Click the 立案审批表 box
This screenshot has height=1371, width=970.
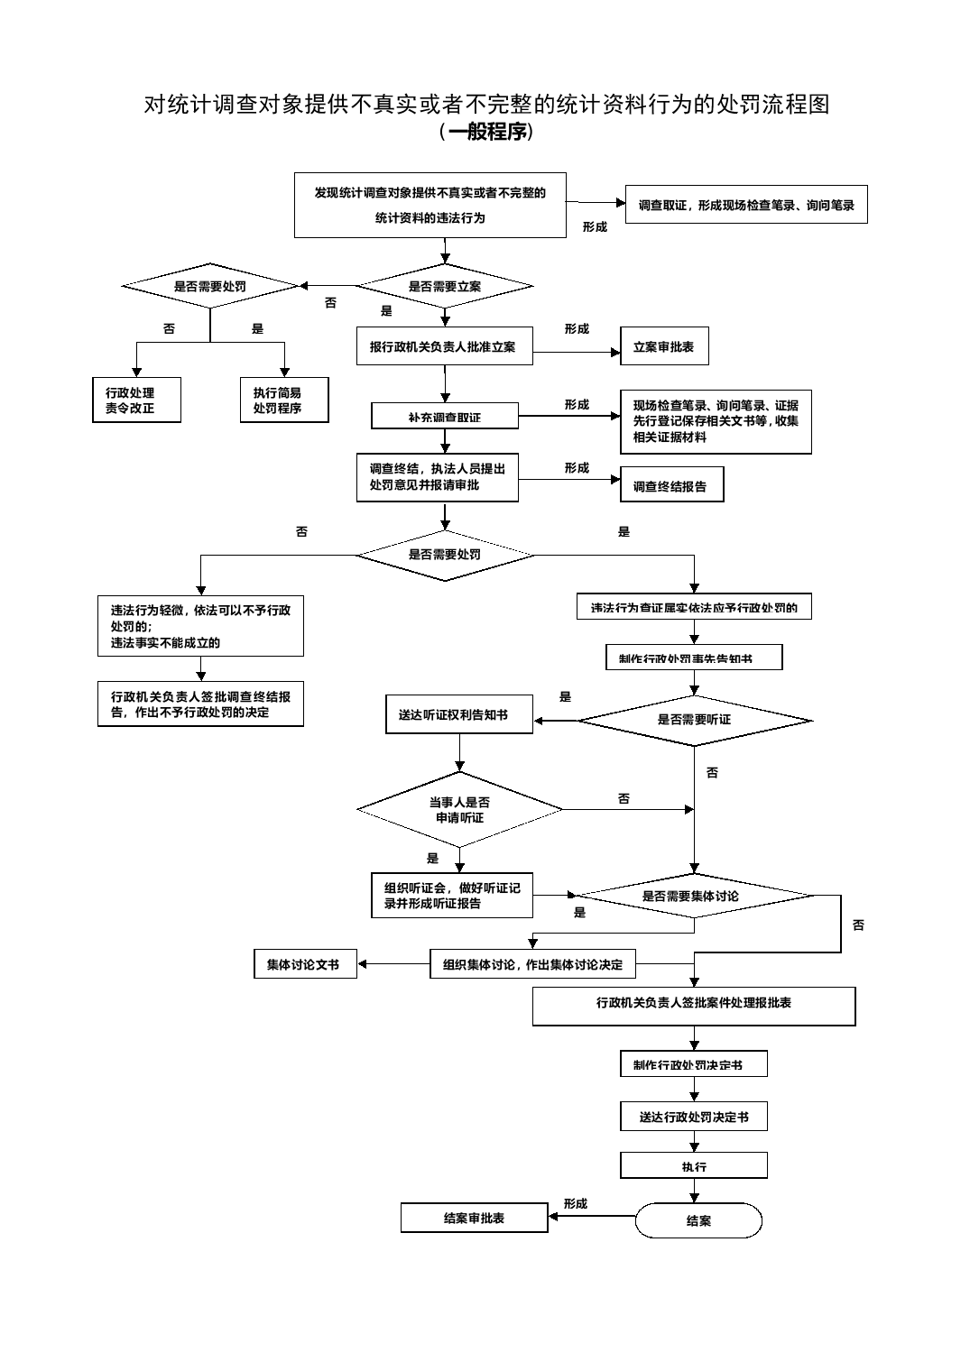pyautogui.click(x=664, y=346)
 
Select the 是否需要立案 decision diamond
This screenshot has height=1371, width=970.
pyautogui.click(x=445, y=286)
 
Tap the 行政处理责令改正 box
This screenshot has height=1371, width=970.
pyautogui.click(x=136, y=400)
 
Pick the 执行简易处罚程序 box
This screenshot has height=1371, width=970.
pyautogui.click(x=284, y=400)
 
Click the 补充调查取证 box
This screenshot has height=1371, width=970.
pyautogui.click(x=445, y=417)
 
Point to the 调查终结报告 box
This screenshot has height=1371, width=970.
pyautogui.click(x=671, y=486)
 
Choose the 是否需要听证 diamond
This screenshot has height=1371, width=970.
pyautogui.click(x=694, y=720)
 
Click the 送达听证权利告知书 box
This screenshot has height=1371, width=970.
pyautogui.click(x=459, y=714)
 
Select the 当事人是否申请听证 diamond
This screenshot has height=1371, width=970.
pyautogui.click(x=460, y=809)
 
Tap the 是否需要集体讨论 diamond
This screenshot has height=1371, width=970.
pyautogui.click(x=694, y=896)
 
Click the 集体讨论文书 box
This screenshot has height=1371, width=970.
pyautogui.click(x=305, y=964)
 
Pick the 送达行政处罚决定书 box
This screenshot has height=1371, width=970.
pyautogui.click(x=694, y=1117)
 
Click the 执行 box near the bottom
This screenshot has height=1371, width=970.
pyautogui.click(x=694, y=1166)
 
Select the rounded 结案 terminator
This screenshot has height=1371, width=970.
pyautogui.click(x=698, y=1220)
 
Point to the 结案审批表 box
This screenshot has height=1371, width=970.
pyautogui.click(x=475, y=1218)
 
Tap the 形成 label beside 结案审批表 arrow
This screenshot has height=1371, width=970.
pyautogui.click(x=576, y=1203)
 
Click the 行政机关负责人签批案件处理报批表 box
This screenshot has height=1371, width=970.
pyautogui.click(x=694, y=1006)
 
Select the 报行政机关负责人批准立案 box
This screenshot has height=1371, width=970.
pyautogui.click(x=444, y=346)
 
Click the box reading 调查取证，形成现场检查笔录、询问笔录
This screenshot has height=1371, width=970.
pyautogui.click(x=746, y=205)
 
